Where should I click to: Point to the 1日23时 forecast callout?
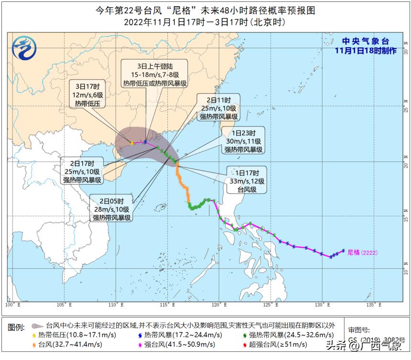[x=244, y=141]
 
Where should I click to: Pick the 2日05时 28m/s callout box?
[x=112, y=209]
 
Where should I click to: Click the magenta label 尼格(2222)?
[x=362, y=252]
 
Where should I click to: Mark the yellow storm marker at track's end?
[x=132, y=142]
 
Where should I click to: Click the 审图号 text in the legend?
[x=359, y=330]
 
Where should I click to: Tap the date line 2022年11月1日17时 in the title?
[x=205, y=22]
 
